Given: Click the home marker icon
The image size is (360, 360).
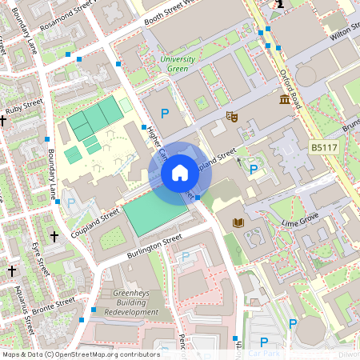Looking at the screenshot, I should click(179, 172).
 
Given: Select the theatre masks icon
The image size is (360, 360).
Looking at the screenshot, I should click(233, 117).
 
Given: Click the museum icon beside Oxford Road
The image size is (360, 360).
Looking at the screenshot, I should click(284, 99).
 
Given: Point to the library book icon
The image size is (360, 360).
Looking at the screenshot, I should click(237, 222).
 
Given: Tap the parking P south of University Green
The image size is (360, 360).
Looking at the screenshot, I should click(166, 114).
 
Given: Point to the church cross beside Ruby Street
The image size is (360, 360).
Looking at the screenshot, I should click(4, 121).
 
